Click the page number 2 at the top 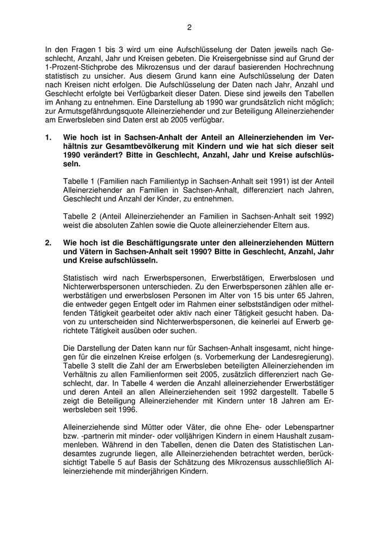point(190,27)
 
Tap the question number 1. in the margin point(49,138)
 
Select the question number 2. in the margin point(49,243)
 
